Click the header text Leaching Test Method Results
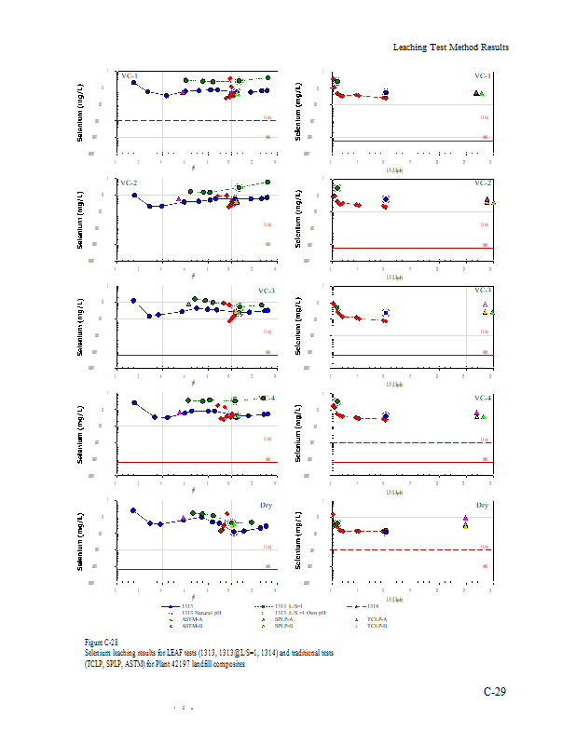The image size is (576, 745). (x=450, y=47)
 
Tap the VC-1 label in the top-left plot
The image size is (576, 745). (x=130, y=76)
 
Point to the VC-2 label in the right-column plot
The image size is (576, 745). (x=483, y=183)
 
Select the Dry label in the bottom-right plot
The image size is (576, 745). (x=483, y=505)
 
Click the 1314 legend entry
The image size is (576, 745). (x=384, y=606)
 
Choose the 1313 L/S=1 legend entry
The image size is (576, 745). (x=289, y=606)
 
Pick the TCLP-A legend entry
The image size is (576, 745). (x=377, y=618)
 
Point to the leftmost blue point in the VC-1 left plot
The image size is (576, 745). (x=134, y=83)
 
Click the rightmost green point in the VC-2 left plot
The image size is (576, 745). (x=267, y=183)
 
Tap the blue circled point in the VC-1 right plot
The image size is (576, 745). (x=386, y=93)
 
